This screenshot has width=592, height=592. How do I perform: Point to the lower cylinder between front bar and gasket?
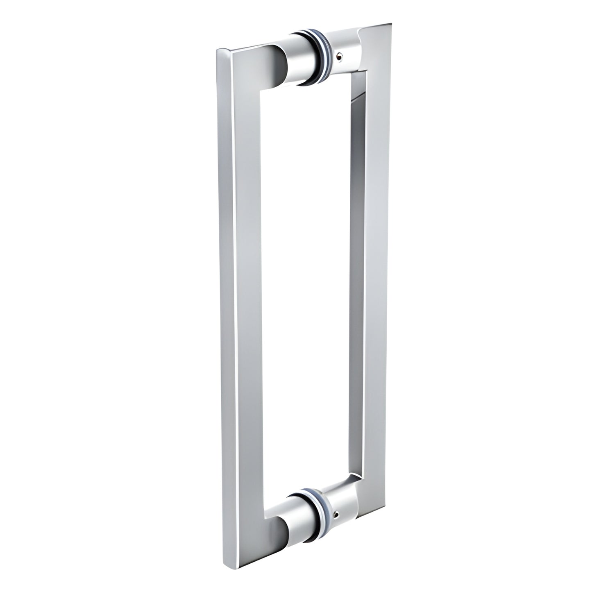(297, 501)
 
